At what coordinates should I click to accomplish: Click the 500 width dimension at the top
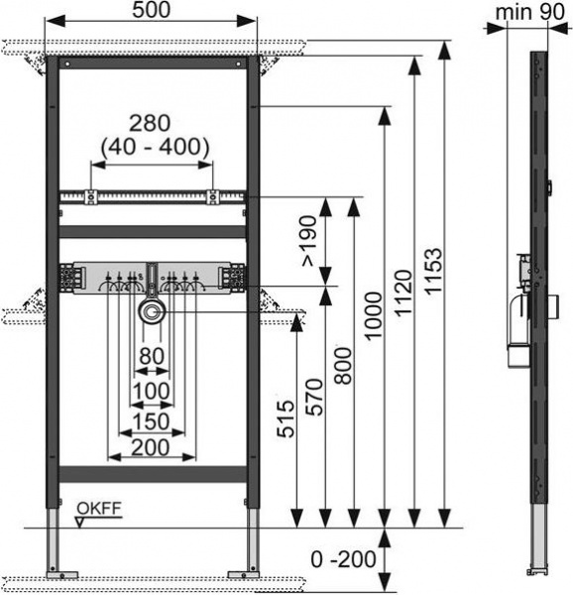point(152,11)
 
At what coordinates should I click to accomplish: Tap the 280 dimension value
point(150,123)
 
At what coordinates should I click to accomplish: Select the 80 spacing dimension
point(151,356)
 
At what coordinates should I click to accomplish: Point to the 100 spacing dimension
point(151,391)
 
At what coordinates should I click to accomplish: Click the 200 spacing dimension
point(151,449)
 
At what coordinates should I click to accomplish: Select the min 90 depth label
point(526,13)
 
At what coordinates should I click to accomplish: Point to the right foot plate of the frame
point(242,573)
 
